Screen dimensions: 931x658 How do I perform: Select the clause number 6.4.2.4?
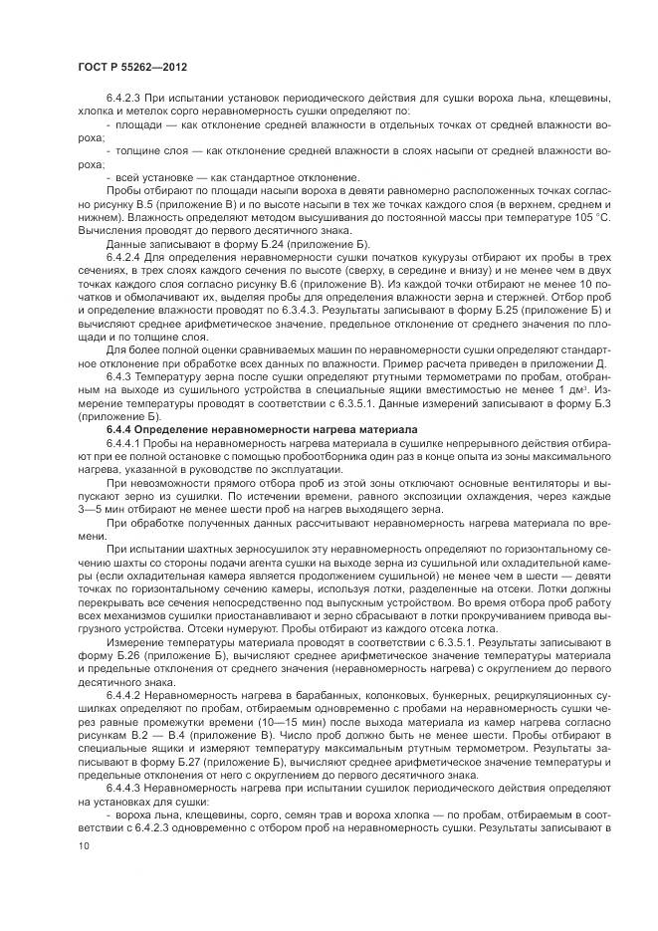click(123, 256)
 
